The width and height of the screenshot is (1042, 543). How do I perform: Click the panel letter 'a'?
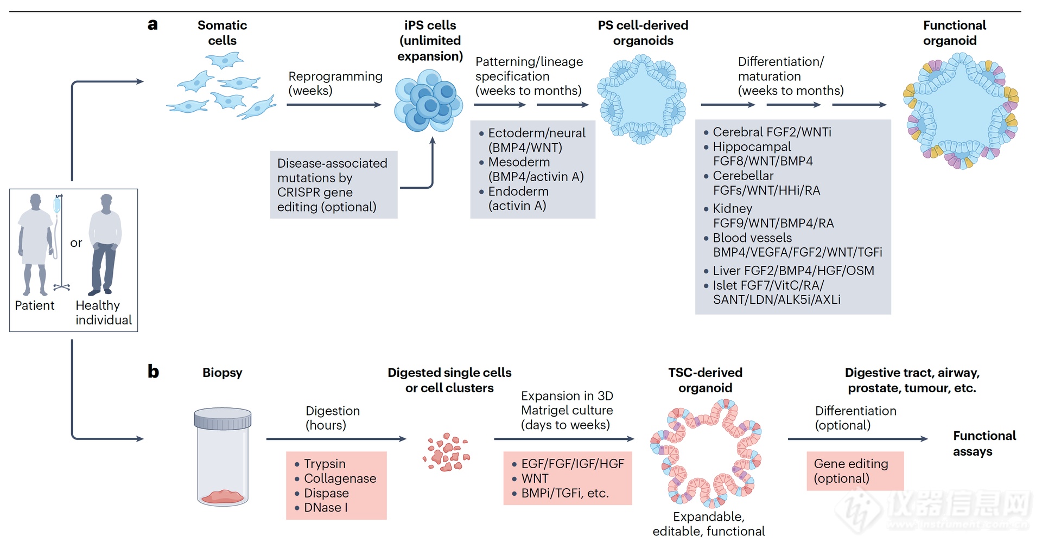pos(153,24)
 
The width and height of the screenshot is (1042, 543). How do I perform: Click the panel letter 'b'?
pos(153,372)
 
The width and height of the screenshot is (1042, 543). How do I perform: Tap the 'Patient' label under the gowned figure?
pos(34,305)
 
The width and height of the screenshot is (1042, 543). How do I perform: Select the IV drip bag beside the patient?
pos(57,206)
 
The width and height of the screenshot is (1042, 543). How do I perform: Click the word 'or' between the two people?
pos(76,243)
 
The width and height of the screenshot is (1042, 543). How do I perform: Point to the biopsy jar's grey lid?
pos(223,418)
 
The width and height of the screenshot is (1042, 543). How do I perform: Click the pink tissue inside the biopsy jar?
pos(222,496)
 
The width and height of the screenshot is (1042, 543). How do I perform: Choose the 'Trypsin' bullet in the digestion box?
pos(324,464)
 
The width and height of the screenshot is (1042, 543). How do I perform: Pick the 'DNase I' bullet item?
pos(325,508)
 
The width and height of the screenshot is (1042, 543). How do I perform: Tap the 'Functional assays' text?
pos(984,444)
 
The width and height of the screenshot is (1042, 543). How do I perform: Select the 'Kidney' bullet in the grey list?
pos(732,209)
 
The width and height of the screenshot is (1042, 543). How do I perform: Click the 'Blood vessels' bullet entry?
pos(752,238)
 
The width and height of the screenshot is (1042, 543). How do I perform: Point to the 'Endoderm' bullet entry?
pos(518,191)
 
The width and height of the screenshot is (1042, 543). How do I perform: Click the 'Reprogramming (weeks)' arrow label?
pos(335,84)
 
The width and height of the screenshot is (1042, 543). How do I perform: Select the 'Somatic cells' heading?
pos(222,33)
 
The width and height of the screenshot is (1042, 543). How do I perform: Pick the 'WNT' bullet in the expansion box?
pos(534,478)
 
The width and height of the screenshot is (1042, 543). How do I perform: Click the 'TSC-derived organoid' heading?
pos(705,380)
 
